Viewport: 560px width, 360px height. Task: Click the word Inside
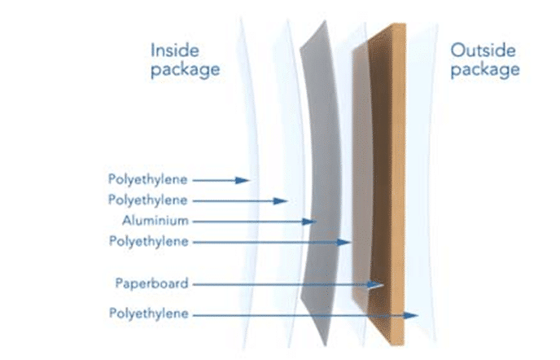pos(175,50)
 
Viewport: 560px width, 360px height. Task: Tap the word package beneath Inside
pos(185,70)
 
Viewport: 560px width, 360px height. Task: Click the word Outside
pos(483,50)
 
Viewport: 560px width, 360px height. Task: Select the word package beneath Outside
pos(485,70)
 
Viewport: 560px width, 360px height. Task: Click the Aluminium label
pos(155,221)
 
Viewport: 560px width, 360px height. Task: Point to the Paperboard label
pos(151,283)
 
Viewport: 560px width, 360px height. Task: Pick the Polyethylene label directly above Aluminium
pos(148,200)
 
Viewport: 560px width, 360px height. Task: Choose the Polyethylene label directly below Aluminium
pos(149,241)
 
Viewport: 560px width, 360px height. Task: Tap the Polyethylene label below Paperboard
pos(149,314)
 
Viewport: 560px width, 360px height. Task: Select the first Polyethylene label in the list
pos(148,179)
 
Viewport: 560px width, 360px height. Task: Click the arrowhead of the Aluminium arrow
pos(309,222)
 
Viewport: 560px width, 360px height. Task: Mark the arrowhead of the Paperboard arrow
pos(376,285)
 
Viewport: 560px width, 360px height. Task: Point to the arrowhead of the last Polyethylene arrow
pos(411,315)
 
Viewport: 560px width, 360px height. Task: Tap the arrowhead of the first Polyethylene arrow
pos(243,180)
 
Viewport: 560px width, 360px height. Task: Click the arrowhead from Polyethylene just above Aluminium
pos(281,201)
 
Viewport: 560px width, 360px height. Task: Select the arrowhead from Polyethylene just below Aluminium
pos(344,243)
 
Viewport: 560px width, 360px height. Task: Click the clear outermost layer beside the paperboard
pos(423,178)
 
